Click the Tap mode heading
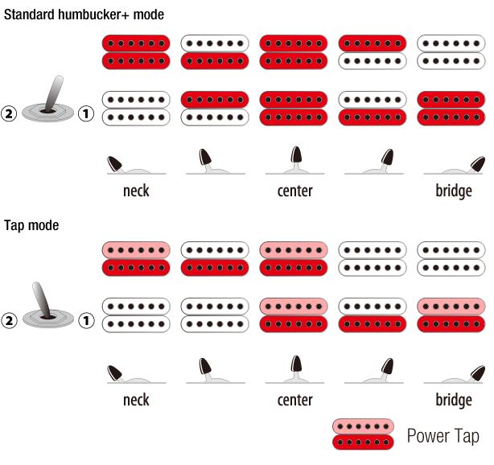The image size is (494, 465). [31, 226]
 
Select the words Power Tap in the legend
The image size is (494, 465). [443, 436]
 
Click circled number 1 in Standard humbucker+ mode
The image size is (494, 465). [87, 114]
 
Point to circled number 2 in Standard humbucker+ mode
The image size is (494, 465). [10, 114]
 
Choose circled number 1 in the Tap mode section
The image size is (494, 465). [87, 321]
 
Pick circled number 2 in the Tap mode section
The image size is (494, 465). [10, 321]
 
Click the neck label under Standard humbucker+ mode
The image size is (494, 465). [136, 191]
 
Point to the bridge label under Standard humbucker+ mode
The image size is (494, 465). [453, 191]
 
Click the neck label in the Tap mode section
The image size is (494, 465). [136, 400]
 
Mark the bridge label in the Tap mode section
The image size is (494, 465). [453, 400]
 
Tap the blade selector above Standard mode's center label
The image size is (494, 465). [295, 161]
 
